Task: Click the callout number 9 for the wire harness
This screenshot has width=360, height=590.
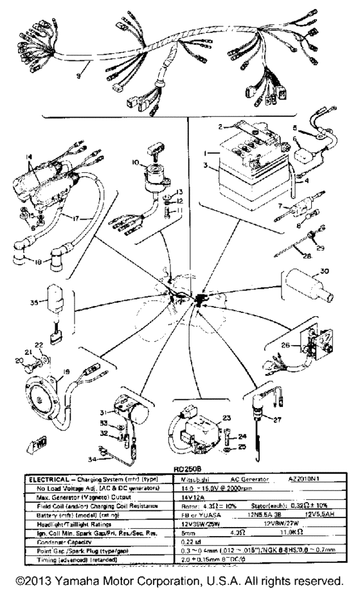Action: (78, 76)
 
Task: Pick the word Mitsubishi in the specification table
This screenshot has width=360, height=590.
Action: (194, 479)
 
